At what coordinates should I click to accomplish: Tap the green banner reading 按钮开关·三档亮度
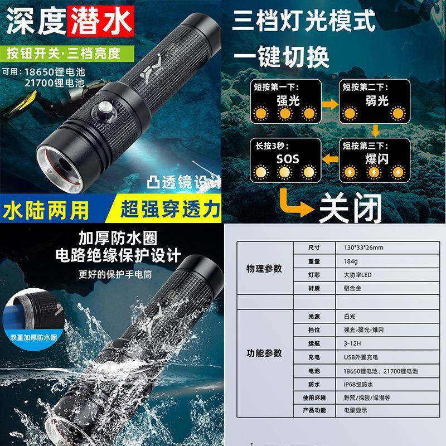coord(70,54)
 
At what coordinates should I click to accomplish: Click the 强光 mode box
coord(284,103)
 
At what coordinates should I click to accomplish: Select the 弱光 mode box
coord(375,103)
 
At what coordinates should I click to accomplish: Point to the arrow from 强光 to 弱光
coord(330,105)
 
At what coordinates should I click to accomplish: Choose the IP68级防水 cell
coord(362,384)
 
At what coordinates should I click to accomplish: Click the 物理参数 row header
coord(264,268)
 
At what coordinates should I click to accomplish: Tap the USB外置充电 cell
coord(362,357)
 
